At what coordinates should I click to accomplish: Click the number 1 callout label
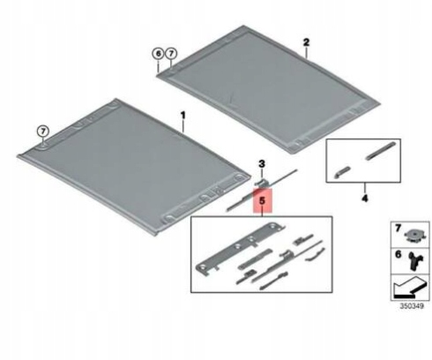click(x=183, y=115)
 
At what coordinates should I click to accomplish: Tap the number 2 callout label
click(x=306, y=42)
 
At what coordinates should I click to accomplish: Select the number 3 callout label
click(x=262, y=163)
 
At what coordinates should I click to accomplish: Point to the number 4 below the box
click(x=364, y=199)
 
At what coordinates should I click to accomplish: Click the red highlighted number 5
click(x=263, y=201)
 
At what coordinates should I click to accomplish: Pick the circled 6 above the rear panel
click(x=158, y=54)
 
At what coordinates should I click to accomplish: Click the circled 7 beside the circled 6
click(x=171, y=54)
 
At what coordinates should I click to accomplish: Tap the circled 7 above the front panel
click(x=43, y=131)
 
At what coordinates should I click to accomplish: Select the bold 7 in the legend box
click(x=398, y=228)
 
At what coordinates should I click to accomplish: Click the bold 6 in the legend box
click(x=398, y=254)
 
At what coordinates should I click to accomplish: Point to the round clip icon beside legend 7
click(x=414, y=236)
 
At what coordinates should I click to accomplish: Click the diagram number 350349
click(x=412, y=306)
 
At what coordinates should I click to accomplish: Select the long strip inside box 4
click(x=381, y=150)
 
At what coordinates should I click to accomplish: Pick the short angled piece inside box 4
click(x=342, y=172)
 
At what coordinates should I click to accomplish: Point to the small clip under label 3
click(x=260, y=182)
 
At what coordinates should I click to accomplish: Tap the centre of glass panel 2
click(x=266, y=88)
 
